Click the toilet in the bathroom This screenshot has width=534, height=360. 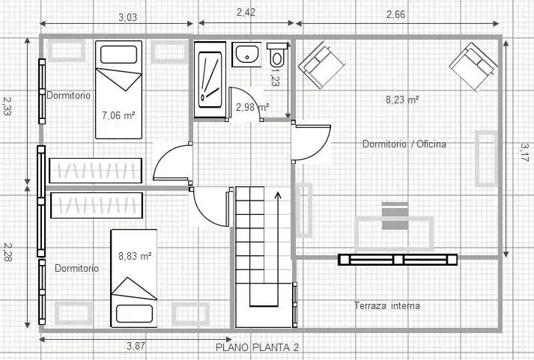point(277,55)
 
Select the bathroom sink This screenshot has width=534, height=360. point(246,54)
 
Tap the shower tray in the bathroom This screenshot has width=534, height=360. point(210,80)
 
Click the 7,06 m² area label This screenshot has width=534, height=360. point(118,115)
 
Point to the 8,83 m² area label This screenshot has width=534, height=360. point(136,256)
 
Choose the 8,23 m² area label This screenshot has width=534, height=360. point(402,100)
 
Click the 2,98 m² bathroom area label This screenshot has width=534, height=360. point(252,107)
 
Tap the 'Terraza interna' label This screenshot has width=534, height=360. point(387,305)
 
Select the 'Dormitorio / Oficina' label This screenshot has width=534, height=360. point(404,144)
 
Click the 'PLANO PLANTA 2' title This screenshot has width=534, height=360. point(258,347)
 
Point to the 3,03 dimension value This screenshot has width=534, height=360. point(128,17)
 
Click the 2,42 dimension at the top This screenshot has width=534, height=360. point(246,12)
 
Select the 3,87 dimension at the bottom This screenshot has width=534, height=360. point(136,346)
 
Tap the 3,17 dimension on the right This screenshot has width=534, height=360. point(525,152)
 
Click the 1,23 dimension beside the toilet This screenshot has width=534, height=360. point(275,77)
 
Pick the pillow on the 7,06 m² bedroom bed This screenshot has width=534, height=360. point(119,55)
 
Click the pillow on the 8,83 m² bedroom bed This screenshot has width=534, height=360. point(134,314)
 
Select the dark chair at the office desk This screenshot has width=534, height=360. point(395,216)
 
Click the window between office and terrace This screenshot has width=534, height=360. point(398,260)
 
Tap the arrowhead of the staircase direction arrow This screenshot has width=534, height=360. point(278,195)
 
